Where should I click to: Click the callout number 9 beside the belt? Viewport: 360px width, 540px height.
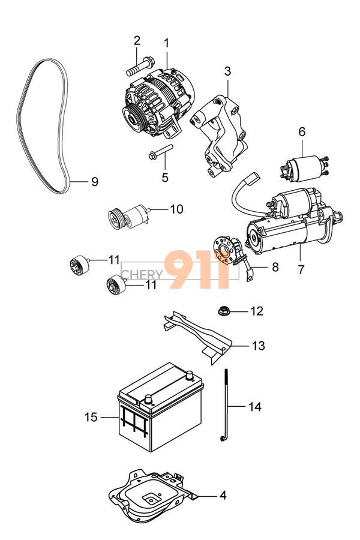tap(94, 182)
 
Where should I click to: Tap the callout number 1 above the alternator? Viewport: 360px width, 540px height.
tap(166, 43)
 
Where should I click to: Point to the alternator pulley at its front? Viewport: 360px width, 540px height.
tap(130, 115)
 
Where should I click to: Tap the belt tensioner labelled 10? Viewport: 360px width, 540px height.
tap(128, 215)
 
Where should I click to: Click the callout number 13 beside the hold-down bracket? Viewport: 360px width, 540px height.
tap(258, 346)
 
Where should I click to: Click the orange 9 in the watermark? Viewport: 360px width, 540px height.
tap(183, 270)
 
